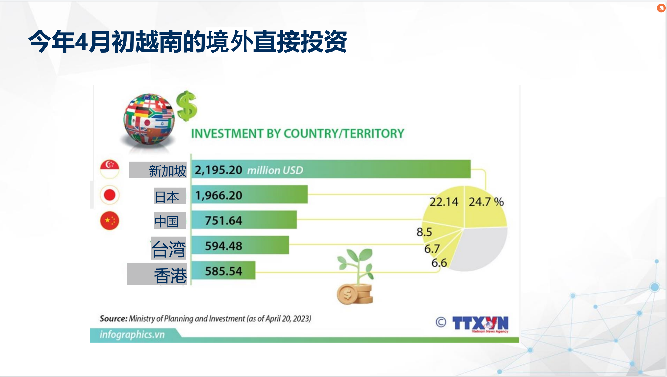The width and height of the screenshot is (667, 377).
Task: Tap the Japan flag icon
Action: pyautogui.click(x=109, y=195)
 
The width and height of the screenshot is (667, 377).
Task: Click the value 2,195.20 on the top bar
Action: pyautogui.click(x=218, y=170)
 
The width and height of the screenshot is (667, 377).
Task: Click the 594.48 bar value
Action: pyautogui.click(x=224, y=246)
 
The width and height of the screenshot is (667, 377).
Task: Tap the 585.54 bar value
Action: pyautogui.click(x=224, y=271)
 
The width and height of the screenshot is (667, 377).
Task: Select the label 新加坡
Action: pyautogui.click(x=168, y=171)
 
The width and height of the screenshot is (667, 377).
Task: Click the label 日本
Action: pyautogui.click(x=167, y=197)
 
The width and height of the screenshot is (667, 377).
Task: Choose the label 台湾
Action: pyautogui.click(x=169, y=249)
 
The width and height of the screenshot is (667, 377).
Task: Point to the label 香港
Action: pyautogui.click(x=170, y=275)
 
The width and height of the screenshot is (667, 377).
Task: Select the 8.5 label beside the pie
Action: pyautogui.click(x=424, y=232)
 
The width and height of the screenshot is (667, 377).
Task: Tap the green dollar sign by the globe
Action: pyautogui.click(x=187, y=106)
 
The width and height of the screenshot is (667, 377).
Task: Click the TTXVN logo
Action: pyautogui.click(x=480, y=323)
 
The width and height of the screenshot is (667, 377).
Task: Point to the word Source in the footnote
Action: pyautogui.click(x=113, y=318)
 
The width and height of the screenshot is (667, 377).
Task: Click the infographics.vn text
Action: pyautogui.click(x=132, y=334)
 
